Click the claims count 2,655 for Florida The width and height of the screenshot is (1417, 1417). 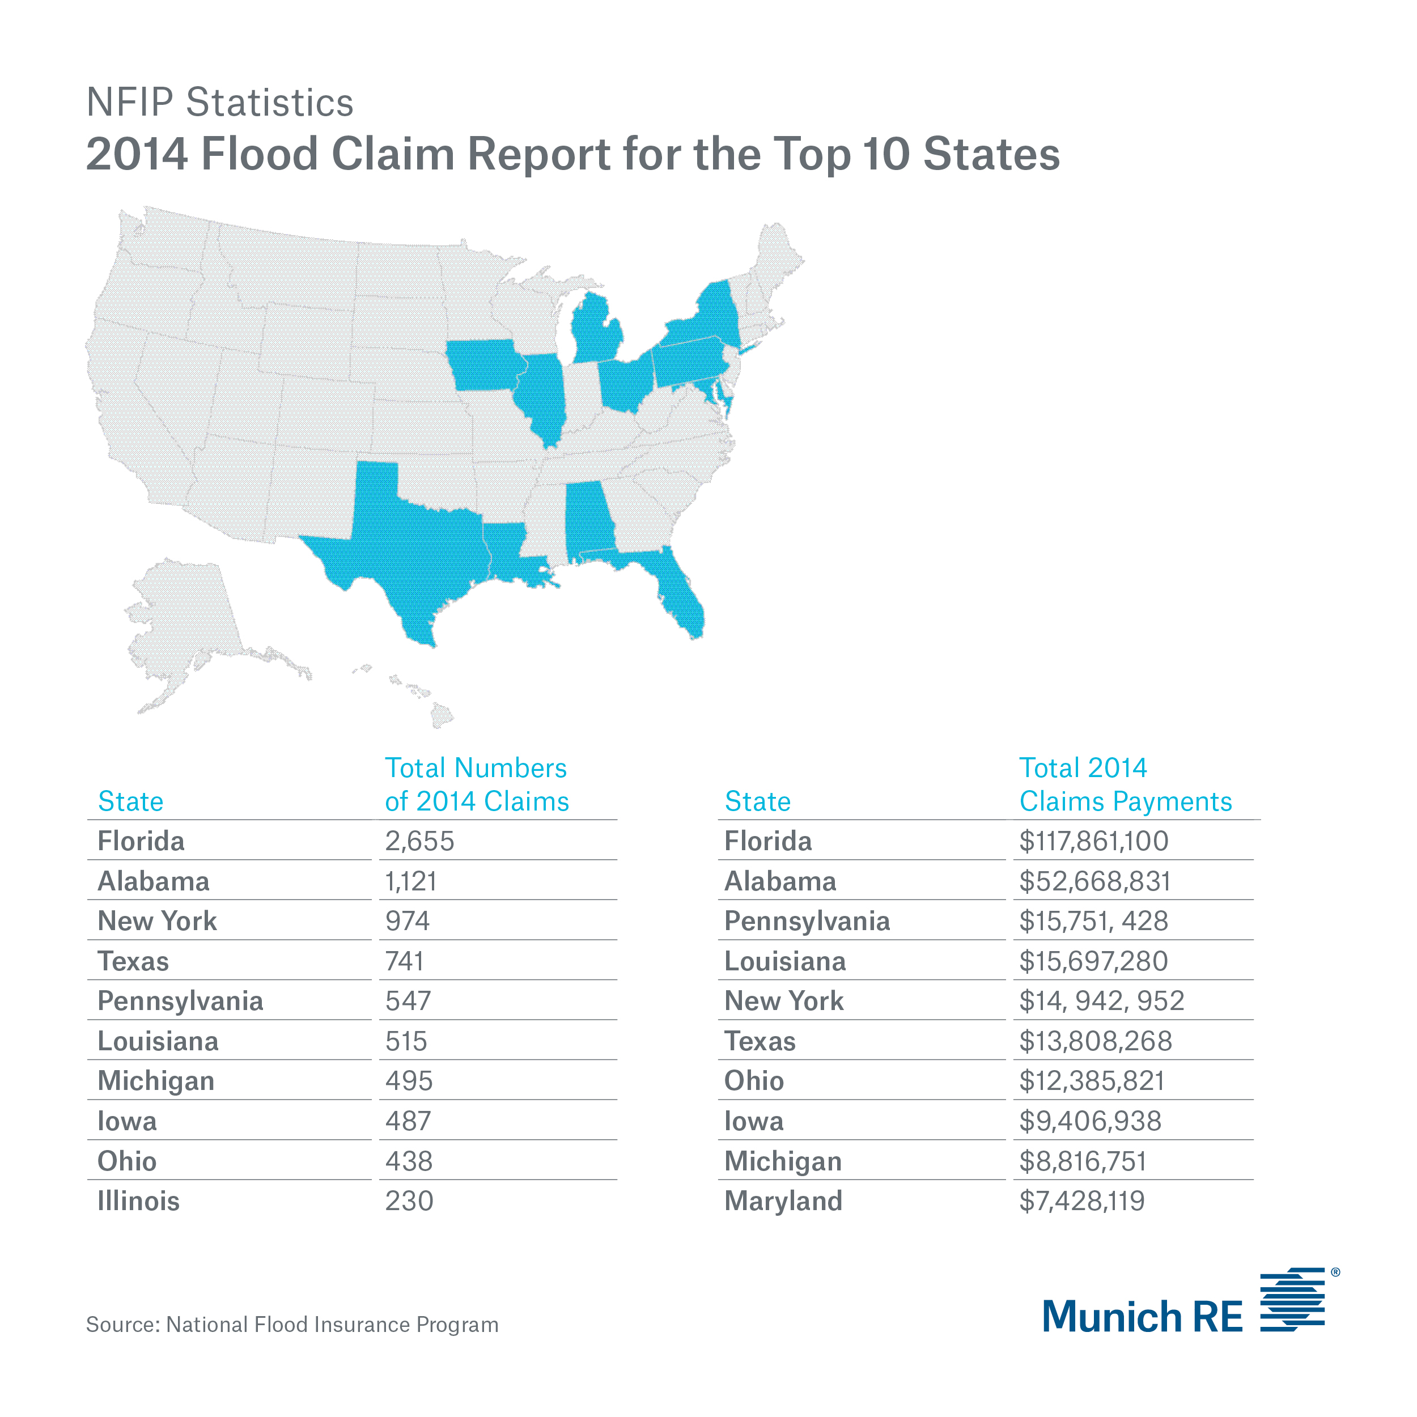[419, 841]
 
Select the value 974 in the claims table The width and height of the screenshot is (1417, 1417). [407, 921]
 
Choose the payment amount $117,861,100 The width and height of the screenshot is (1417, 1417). [1093, 841]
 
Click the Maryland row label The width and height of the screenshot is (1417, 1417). [783, 1202]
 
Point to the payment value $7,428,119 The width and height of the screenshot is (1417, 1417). [1082, 1202]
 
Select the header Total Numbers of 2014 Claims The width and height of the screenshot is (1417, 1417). [477, 785]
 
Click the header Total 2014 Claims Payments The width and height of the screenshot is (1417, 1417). [1125, 785]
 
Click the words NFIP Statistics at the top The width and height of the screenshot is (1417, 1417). [220, 102]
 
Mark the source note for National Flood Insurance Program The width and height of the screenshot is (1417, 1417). [292, 1325]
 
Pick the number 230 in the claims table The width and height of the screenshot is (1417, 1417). [409, 1202]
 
